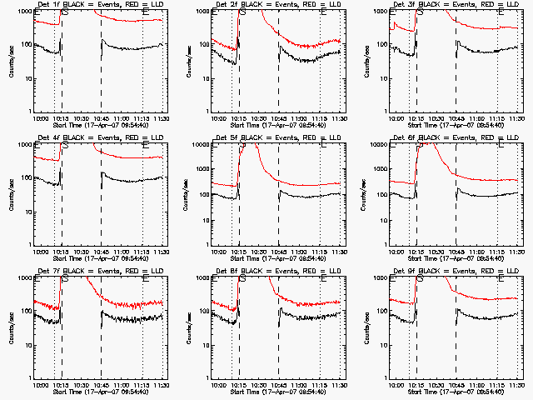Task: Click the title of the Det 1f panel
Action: [x=91, y=5]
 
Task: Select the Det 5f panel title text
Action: [x=269, y=138]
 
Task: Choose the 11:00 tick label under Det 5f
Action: [x=300, y=252]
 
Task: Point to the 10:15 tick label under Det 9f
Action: [x=416, y=385]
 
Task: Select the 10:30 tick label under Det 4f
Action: [x=81, y=252]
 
